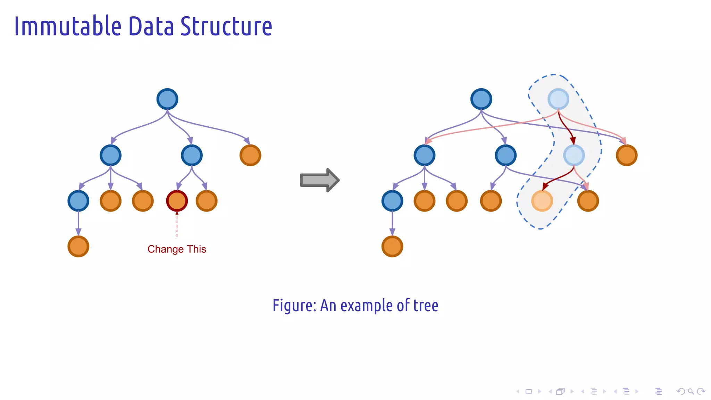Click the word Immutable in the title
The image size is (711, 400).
click(x=68, y=26)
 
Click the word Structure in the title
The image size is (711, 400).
click(x=226, y=26)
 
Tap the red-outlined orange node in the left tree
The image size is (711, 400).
click(x=177, y=201)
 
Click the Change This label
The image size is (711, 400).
click(x=177, y=249)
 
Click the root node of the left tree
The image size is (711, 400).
click(x=167, y=99)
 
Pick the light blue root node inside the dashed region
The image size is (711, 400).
click(x=558, y=99)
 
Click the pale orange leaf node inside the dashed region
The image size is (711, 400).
click(x=542, y=201)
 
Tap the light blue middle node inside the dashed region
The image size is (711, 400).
click(x=574, y=155)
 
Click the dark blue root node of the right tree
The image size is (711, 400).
click(x=481, y=99)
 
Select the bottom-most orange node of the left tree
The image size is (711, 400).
click(x=78, y=247)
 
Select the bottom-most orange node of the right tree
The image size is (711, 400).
click(x=392, y=247)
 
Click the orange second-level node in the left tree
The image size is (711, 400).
click(x=250, y=155)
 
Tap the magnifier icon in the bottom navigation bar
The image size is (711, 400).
click(x=691, y=391)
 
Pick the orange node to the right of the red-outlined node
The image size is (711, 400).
click(x=207, y=201)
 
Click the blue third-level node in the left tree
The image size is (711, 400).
click(x=78, y=201)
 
